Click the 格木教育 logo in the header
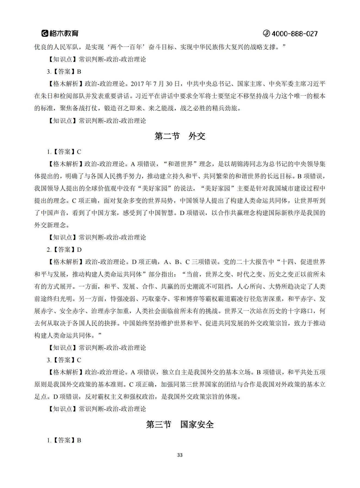(60, 33)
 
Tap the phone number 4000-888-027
(295, 34)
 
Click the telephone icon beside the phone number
(266, 34)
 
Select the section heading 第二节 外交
(180, 136)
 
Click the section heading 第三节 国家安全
(180, 424)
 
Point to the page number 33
(180, 455)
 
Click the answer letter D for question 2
(79, 250)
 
